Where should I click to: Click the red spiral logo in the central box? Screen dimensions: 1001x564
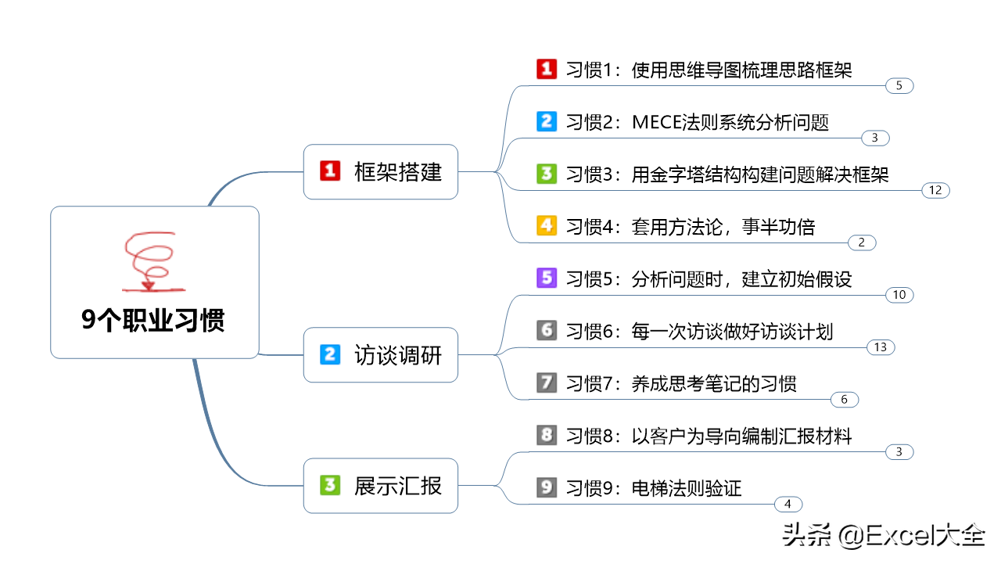tap(152, 261)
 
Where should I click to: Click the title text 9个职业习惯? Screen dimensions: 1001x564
tap(152, 320)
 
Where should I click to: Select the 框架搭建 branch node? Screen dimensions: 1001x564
tap(381, 171)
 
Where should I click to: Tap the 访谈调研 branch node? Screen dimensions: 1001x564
tap(381, 355)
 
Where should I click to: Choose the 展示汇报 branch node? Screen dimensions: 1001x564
tap(381, 486)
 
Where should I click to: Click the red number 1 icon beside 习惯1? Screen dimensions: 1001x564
tap(547, 70)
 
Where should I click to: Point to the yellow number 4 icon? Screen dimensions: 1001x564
tap(547, 226)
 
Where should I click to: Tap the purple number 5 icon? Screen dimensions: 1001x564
tap(547, 278)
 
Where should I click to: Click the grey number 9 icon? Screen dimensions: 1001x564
tap(547, 487)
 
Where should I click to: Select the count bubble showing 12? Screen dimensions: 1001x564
tap(936, 190)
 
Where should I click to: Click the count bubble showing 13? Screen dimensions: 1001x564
tap(881, 347)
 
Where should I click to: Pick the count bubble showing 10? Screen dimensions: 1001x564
tap(899, 295)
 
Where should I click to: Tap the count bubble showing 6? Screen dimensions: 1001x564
tap(845, 400)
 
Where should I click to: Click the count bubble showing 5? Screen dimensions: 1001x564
tap(899, 86)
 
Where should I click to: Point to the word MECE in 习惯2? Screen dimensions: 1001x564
tap(656, 122)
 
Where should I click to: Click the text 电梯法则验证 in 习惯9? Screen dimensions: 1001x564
tap(687, 488)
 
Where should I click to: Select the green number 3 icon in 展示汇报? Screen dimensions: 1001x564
tap(330, 485)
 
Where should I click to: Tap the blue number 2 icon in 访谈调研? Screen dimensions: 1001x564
tap(330, 354)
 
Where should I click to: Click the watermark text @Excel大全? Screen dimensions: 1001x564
tap(912, 535)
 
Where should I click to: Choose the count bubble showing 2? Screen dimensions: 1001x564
tap(862, 242)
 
